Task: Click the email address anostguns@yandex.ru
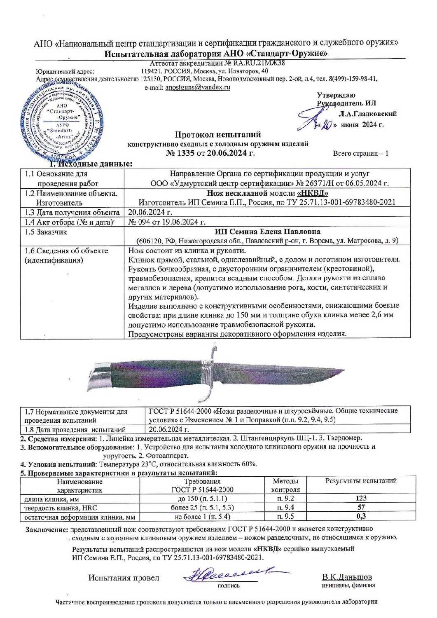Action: (x=197, y=87)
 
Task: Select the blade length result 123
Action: (x=361, y=498)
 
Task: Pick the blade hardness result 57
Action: (x=361, y=507)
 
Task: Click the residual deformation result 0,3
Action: (x=361, y=516)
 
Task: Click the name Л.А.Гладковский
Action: (x=367, y=114)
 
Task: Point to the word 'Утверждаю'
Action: (x=336, y=96)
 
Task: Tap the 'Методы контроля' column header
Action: (x=285, y=485)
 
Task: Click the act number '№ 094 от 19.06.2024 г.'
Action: (x=167, y=222)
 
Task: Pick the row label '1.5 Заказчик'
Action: (x=46, y=232)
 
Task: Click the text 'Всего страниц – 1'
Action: (x=360, y=154)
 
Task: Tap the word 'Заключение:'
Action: (x=47, y=529)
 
